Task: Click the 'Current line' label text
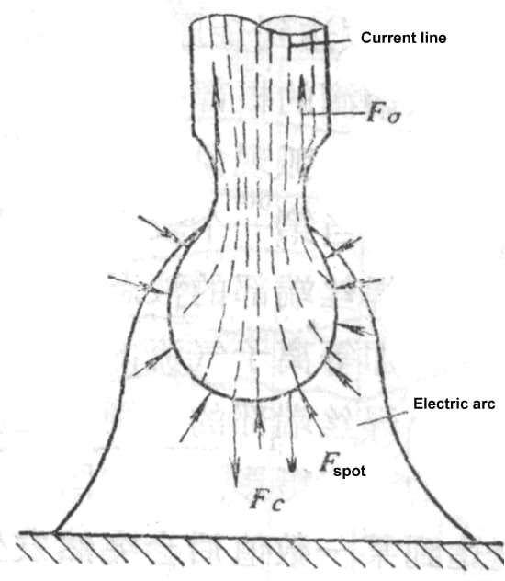tap(404, 38)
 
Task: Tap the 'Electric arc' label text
tap(454, 404)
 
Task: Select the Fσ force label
tap(383, 114)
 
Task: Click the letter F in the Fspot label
tap(327, 461)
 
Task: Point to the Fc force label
tap(267, 501)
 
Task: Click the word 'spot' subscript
tap(350, 472)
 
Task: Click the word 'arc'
tap(482, 404)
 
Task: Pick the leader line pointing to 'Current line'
tap(319, 43)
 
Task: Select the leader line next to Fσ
tap(333, 113)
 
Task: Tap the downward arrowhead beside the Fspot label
tap(292, 463)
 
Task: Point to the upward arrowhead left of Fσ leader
tap(302, 86)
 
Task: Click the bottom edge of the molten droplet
tap(255, 399)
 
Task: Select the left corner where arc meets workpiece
tap(55, 533)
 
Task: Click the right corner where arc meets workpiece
tap(473, 539)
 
